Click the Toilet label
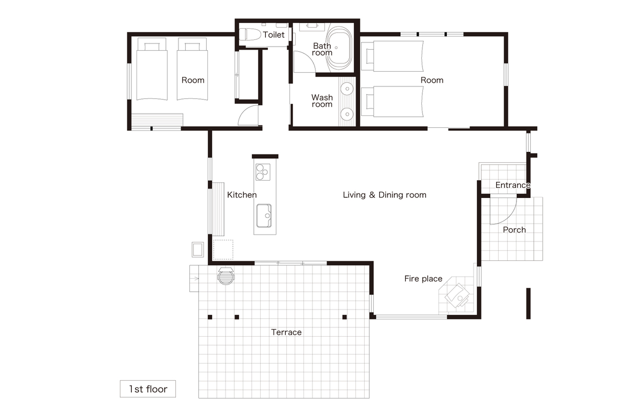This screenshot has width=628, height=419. (274, 35)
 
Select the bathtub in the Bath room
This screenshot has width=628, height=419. (339, 48)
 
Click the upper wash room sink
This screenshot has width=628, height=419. (347, 89)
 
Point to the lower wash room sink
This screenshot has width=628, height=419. (347, 114)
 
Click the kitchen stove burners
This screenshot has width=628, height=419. (263, 172)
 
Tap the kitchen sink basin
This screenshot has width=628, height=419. (264, 216)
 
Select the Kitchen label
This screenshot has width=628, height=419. (242, 195)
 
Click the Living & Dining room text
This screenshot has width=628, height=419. (384, 195)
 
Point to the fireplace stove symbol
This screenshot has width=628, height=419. (457, 295)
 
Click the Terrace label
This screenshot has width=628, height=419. (286, 332)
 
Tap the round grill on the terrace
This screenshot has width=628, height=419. (226, 276)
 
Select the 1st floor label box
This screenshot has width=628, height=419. (148, 389)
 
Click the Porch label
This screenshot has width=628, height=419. (514, 230)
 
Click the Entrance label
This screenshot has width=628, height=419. (513, 185)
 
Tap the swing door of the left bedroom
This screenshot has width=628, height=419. (248, 115)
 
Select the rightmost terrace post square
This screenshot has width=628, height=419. (344, 317)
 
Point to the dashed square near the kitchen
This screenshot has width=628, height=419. (223, 249)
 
